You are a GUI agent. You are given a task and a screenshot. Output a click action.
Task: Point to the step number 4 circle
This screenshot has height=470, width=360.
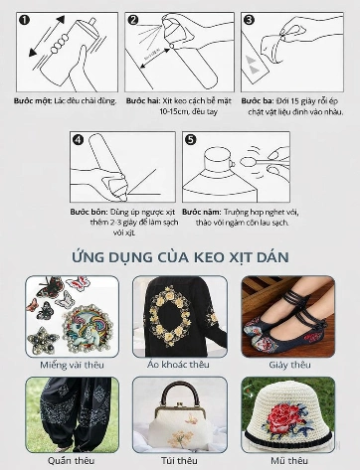coord(78,138)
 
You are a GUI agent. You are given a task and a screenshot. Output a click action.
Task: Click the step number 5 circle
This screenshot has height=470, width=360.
coord(192,138)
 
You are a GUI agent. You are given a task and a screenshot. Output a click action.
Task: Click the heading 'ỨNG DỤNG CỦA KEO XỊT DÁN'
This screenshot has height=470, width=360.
coord(180,257)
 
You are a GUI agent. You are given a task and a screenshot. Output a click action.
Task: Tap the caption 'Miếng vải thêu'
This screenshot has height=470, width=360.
coord(72,365)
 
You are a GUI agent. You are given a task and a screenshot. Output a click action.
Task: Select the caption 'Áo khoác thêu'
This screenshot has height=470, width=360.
coord(180,365)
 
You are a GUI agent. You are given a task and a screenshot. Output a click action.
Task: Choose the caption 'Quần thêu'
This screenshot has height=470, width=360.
coord(72,461)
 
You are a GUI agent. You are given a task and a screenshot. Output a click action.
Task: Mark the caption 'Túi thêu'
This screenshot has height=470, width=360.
coord(180,461)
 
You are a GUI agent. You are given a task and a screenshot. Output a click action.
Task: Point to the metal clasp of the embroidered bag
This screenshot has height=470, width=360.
coord(180,390)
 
